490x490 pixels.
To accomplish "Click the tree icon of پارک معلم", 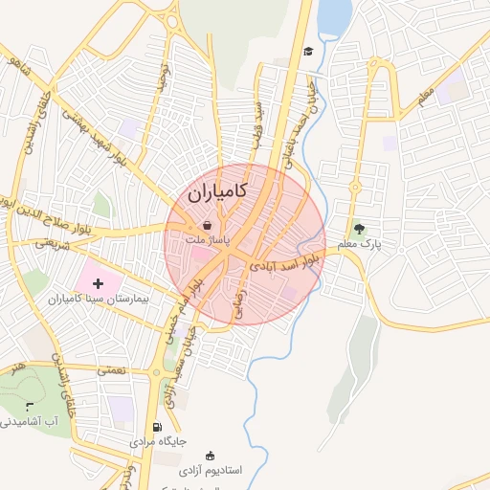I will click(359, 229).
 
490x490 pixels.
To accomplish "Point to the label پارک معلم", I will click(359, 245).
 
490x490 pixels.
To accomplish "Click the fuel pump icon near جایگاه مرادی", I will click(157, 427).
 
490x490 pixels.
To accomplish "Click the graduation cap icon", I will click(308, 52).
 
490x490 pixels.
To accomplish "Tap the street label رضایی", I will click(238, 304).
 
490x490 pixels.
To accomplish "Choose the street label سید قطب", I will click(256, 122).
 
